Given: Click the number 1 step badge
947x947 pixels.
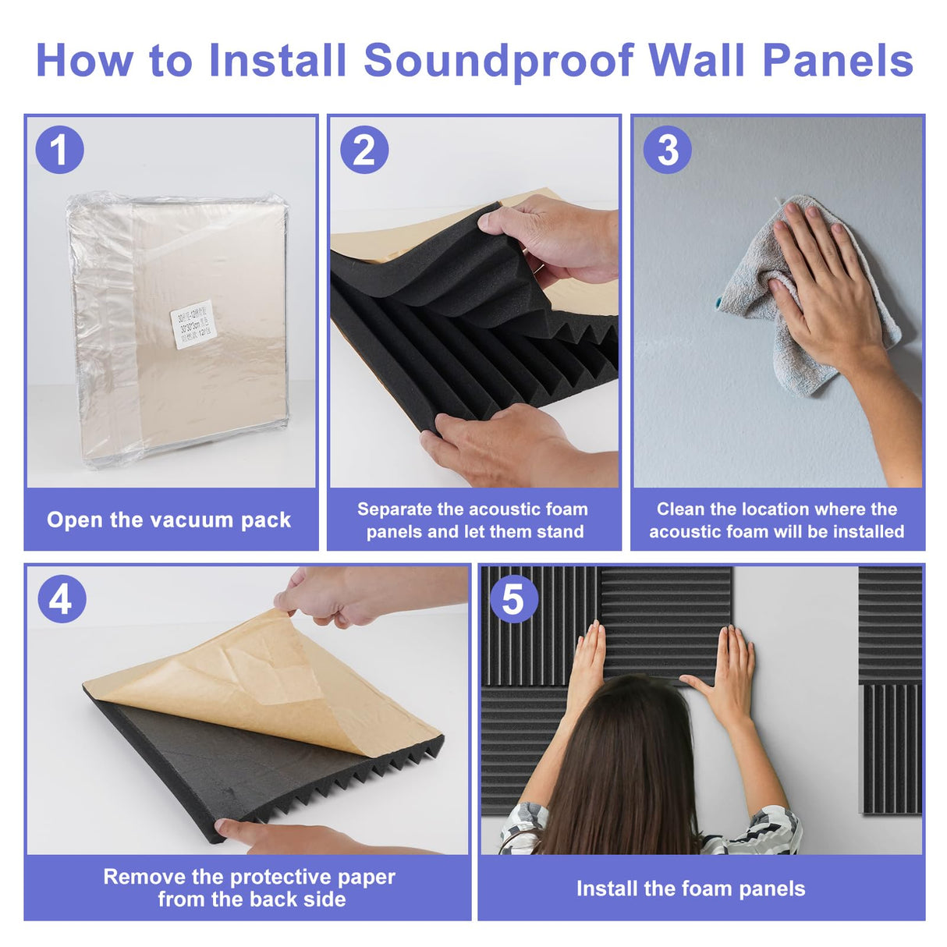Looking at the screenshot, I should tap(59, 150).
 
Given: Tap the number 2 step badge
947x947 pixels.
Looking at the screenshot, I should tap(364, 150).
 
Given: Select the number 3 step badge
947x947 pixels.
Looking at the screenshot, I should tap(668, 150).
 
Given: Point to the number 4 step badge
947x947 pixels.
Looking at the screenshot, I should tap(62, 599).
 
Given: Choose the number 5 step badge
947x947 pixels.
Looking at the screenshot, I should tap(513, 599).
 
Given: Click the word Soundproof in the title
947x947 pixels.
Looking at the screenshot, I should tap(498, 61).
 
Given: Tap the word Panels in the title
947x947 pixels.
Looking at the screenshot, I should tap(837, 61).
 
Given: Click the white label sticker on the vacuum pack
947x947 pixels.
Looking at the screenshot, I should tap(192, 324).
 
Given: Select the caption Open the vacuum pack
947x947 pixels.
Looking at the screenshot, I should tap(168, 520).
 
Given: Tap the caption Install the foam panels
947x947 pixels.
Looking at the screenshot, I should tap(690, 888).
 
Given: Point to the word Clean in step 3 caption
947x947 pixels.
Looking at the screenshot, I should tap(681, 509).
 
